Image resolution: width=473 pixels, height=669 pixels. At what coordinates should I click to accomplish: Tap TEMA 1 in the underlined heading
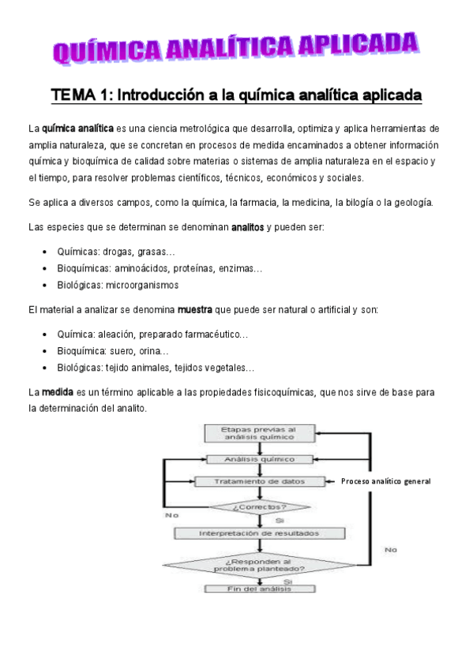(82, 95)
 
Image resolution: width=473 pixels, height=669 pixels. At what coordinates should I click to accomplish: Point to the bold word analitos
(247, 227)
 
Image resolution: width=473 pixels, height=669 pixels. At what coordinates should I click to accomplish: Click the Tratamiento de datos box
(260, 481)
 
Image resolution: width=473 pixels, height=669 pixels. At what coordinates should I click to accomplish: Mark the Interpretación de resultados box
(260, 533)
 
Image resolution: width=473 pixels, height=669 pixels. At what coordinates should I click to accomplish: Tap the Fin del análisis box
(260, 589)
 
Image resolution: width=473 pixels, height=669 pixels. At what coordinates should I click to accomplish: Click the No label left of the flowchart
(171, 514)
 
